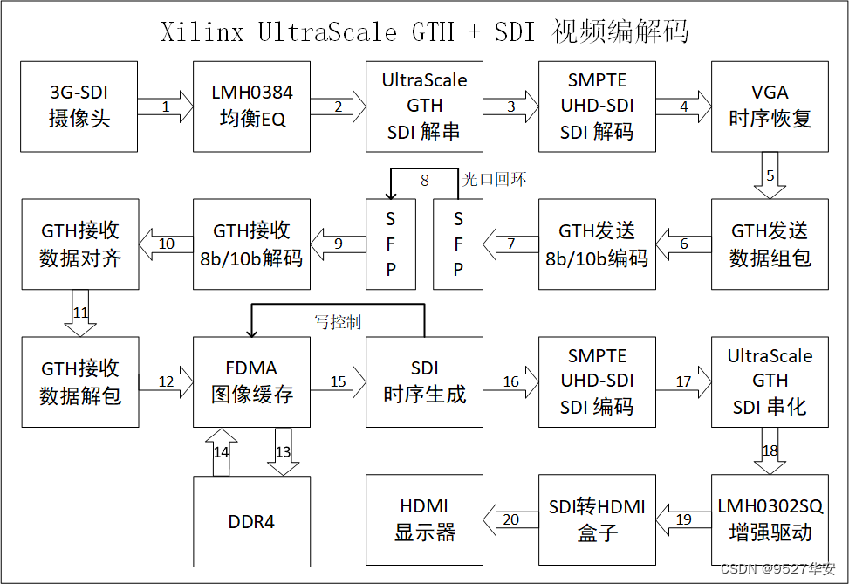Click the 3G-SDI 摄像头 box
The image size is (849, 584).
coord(79,105)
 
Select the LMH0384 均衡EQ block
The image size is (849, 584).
coord(252,105)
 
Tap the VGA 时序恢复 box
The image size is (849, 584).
coord(770,105)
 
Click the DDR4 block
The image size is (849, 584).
coord(252,521)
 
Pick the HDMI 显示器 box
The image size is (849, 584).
coord(424,519)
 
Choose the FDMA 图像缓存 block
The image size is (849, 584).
coord(252,382)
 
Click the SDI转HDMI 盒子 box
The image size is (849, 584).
coord(597,519)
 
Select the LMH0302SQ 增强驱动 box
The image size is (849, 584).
coord(770,519)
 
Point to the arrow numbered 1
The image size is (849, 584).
coord(165,106)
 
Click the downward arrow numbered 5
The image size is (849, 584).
coord(770,175)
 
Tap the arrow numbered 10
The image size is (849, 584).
coord(166,244)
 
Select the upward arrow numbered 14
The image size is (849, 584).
coord(220,451)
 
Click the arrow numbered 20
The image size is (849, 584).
coord(511,519)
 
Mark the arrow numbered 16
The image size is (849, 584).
coord(510,381)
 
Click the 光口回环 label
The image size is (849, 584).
coord(494,180)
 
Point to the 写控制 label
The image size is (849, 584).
coord(337,322)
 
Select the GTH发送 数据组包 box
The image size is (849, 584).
coord(770,244)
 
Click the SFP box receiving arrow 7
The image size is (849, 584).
coord(458,244)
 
